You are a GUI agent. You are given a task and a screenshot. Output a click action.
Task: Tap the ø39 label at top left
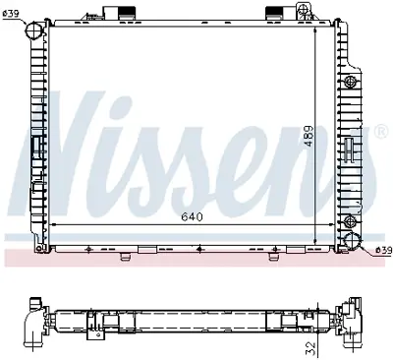tap(12, 12)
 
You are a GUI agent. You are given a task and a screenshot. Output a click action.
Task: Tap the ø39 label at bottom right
tap(384, 250)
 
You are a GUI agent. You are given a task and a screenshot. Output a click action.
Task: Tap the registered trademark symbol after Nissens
tap(379, 130)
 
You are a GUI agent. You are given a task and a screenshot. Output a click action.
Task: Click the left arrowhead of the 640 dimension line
tap(53, 224)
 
